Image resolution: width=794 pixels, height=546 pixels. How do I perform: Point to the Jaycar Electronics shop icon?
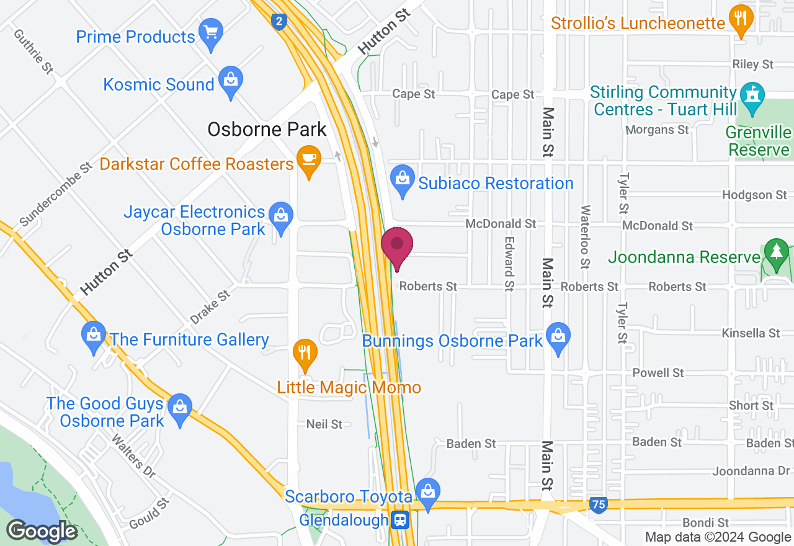282,217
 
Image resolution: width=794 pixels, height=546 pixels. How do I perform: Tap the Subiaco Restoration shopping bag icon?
403,180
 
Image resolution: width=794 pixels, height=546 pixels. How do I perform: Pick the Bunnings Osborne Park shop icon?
559,338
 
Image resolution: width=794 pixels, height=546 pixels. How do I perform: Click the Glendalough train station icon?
401,520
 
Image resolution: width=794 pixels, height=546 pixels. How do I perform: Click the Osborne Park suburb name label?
267,129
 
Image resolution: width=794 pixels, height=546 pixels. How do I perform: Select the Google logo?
42,531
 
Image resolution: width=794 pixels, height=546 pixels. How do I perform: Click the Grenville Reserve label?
759,141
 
